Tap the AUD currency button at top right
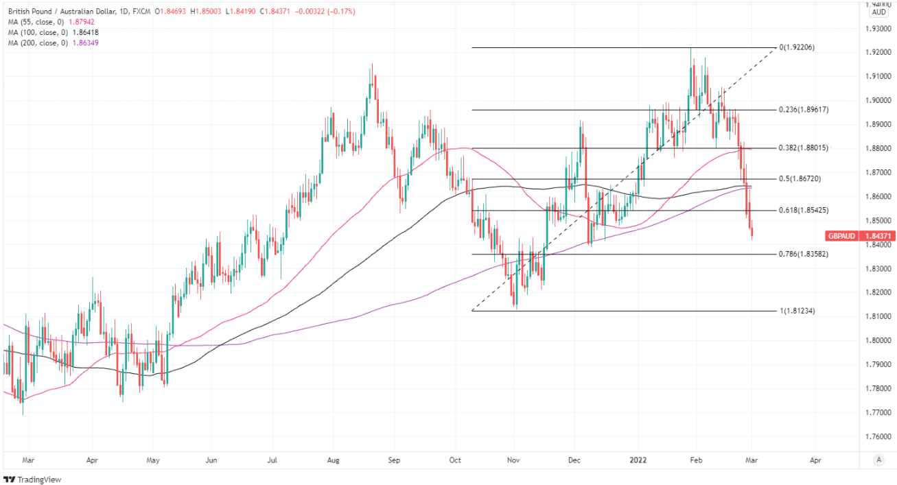[x=878, y=12]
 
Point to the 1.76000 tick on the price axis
[x=878, y=436]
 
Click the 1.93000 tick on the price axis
[x=878, y=29]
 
